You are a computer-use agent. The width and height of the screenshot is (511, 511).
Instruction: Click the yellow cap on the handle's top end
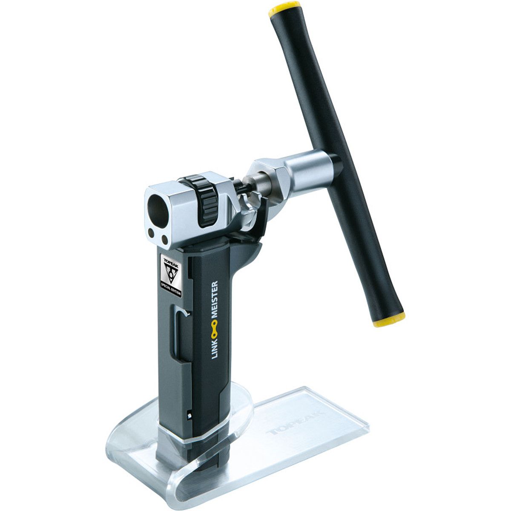coord(284,9)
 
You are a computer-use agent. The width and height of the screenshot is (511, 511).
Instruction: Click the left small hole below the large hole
coord(151,233)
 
